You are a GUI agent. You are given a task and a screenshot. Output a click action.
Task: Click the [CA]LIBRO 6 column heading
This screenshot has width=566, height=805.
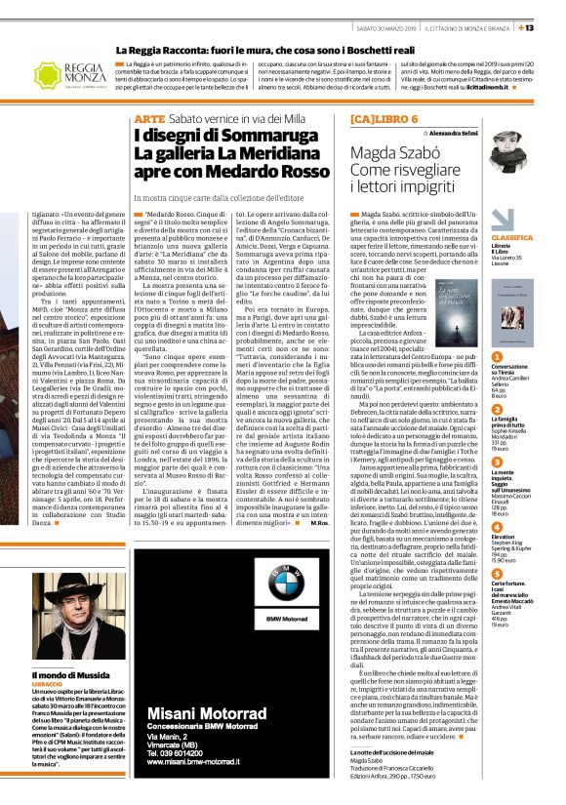384,117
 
